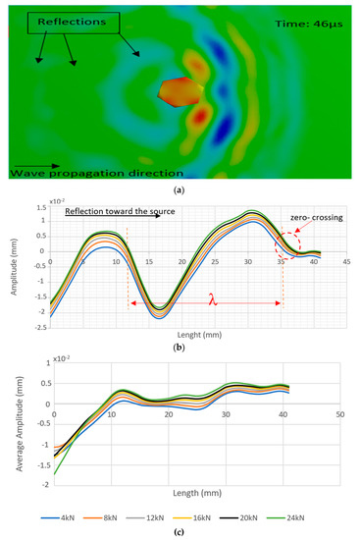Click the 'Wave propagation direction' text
point(97,173)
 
